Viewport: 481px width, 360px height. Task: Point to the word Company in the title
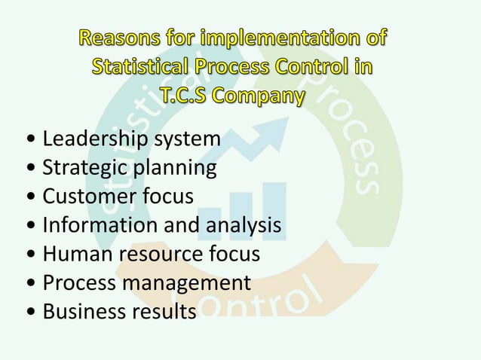coord(262,96)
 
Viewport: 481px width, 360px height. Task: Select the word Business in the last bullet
coord(81,311)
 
